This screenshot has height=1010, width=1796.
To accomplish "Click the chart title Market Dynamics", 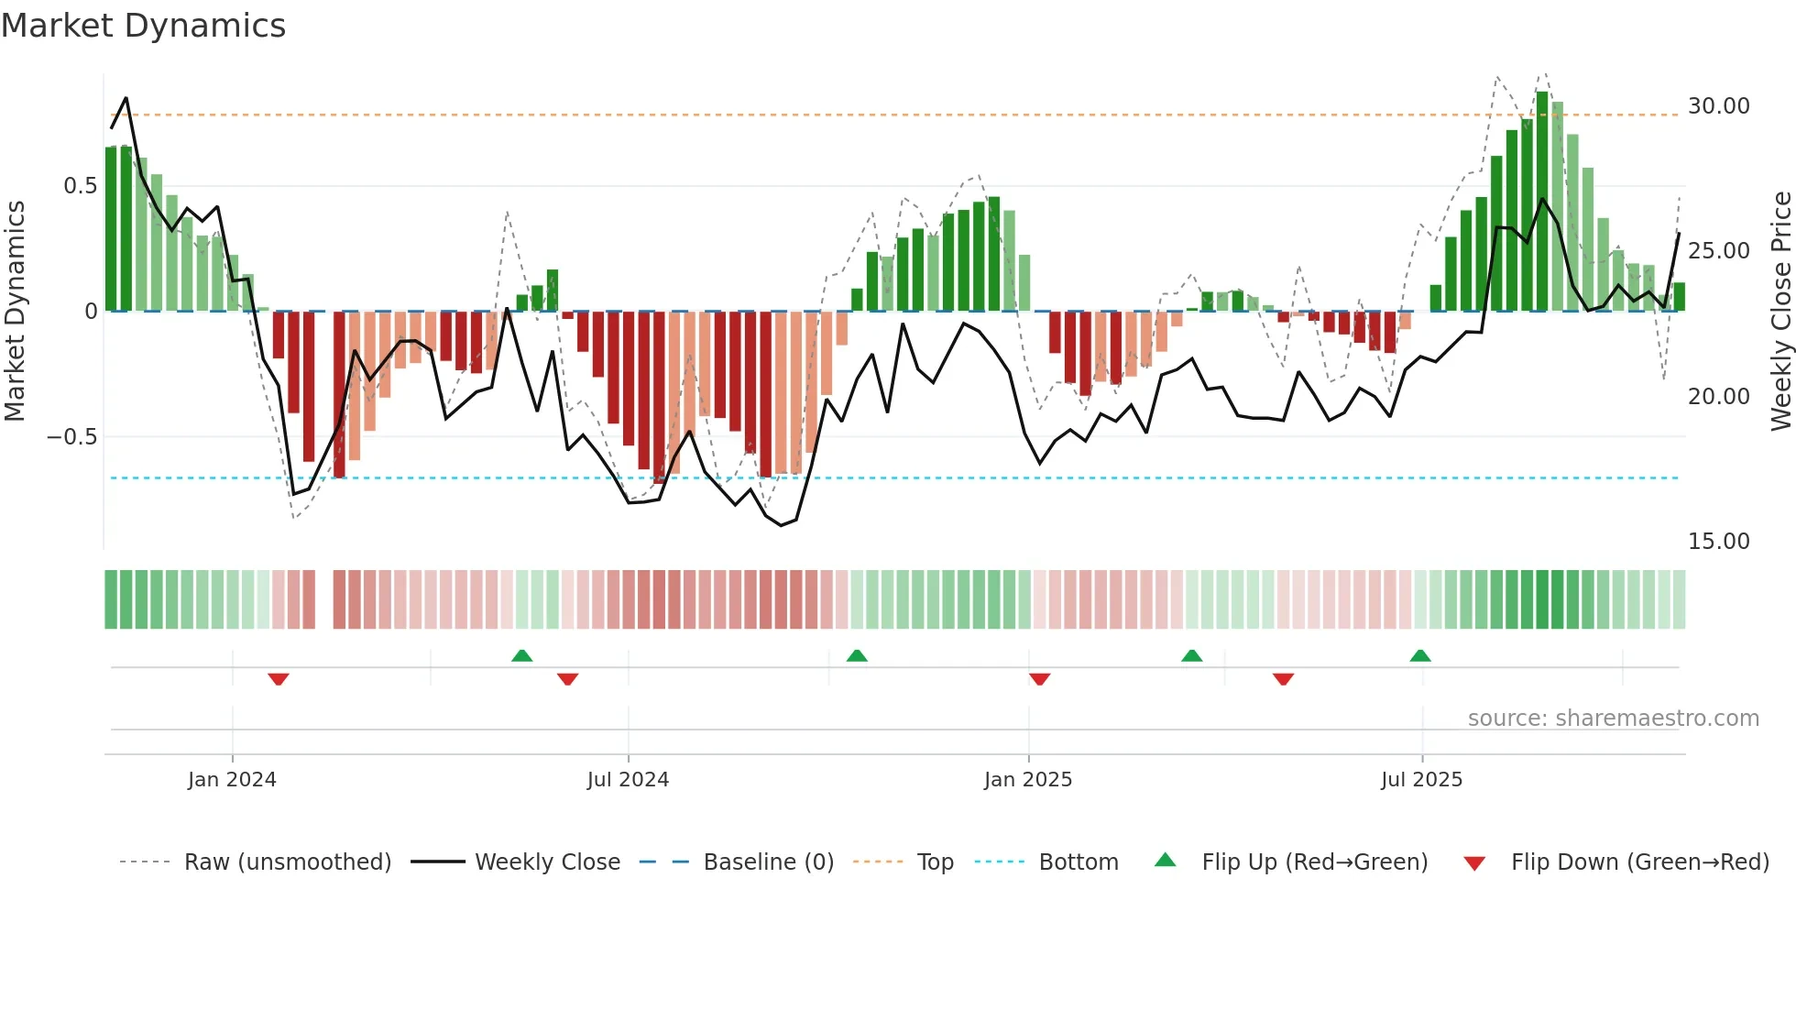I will (x=143, y=26).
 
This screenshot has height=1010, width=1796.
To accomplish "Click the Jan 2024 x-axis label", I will (x=232, y=780).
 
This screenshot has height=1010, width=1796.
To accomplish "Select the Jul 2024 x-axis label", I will (x=628, y=780).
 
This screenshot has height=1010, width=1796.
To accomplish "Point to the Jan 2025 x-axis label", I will (x=1027, y=780).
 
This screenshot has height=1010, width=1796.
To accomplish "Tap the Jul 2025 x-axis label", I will (x=1421, y=780).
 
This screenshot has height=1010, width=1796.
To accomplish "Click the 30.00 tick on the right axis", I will (x=1718, y=106).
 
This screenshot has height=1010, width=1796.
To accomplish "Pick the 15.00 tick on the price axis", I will (x=1718, y=542).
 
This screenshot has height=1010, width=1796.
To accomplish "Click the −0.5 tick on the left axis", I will (x=72, y=437).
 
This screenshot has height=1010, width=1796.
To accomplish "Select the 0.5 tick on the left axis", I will (x=80, y=186).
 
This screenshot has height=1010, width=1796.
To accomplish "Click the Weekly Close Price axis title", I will (x=1780, y=312).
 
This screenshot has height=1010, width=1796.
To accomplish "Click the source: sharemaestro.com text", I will (x=1613, y=719).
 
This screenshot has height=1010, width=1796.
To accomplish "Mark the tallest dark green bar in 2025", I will (x=1542, y=202).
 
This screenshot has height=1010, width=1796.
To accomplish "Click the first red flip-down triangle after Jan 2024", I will (x=279, y=679).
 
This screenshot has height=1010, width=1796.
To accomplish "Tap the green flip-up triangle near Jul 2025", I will (x=1420, y=655).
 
